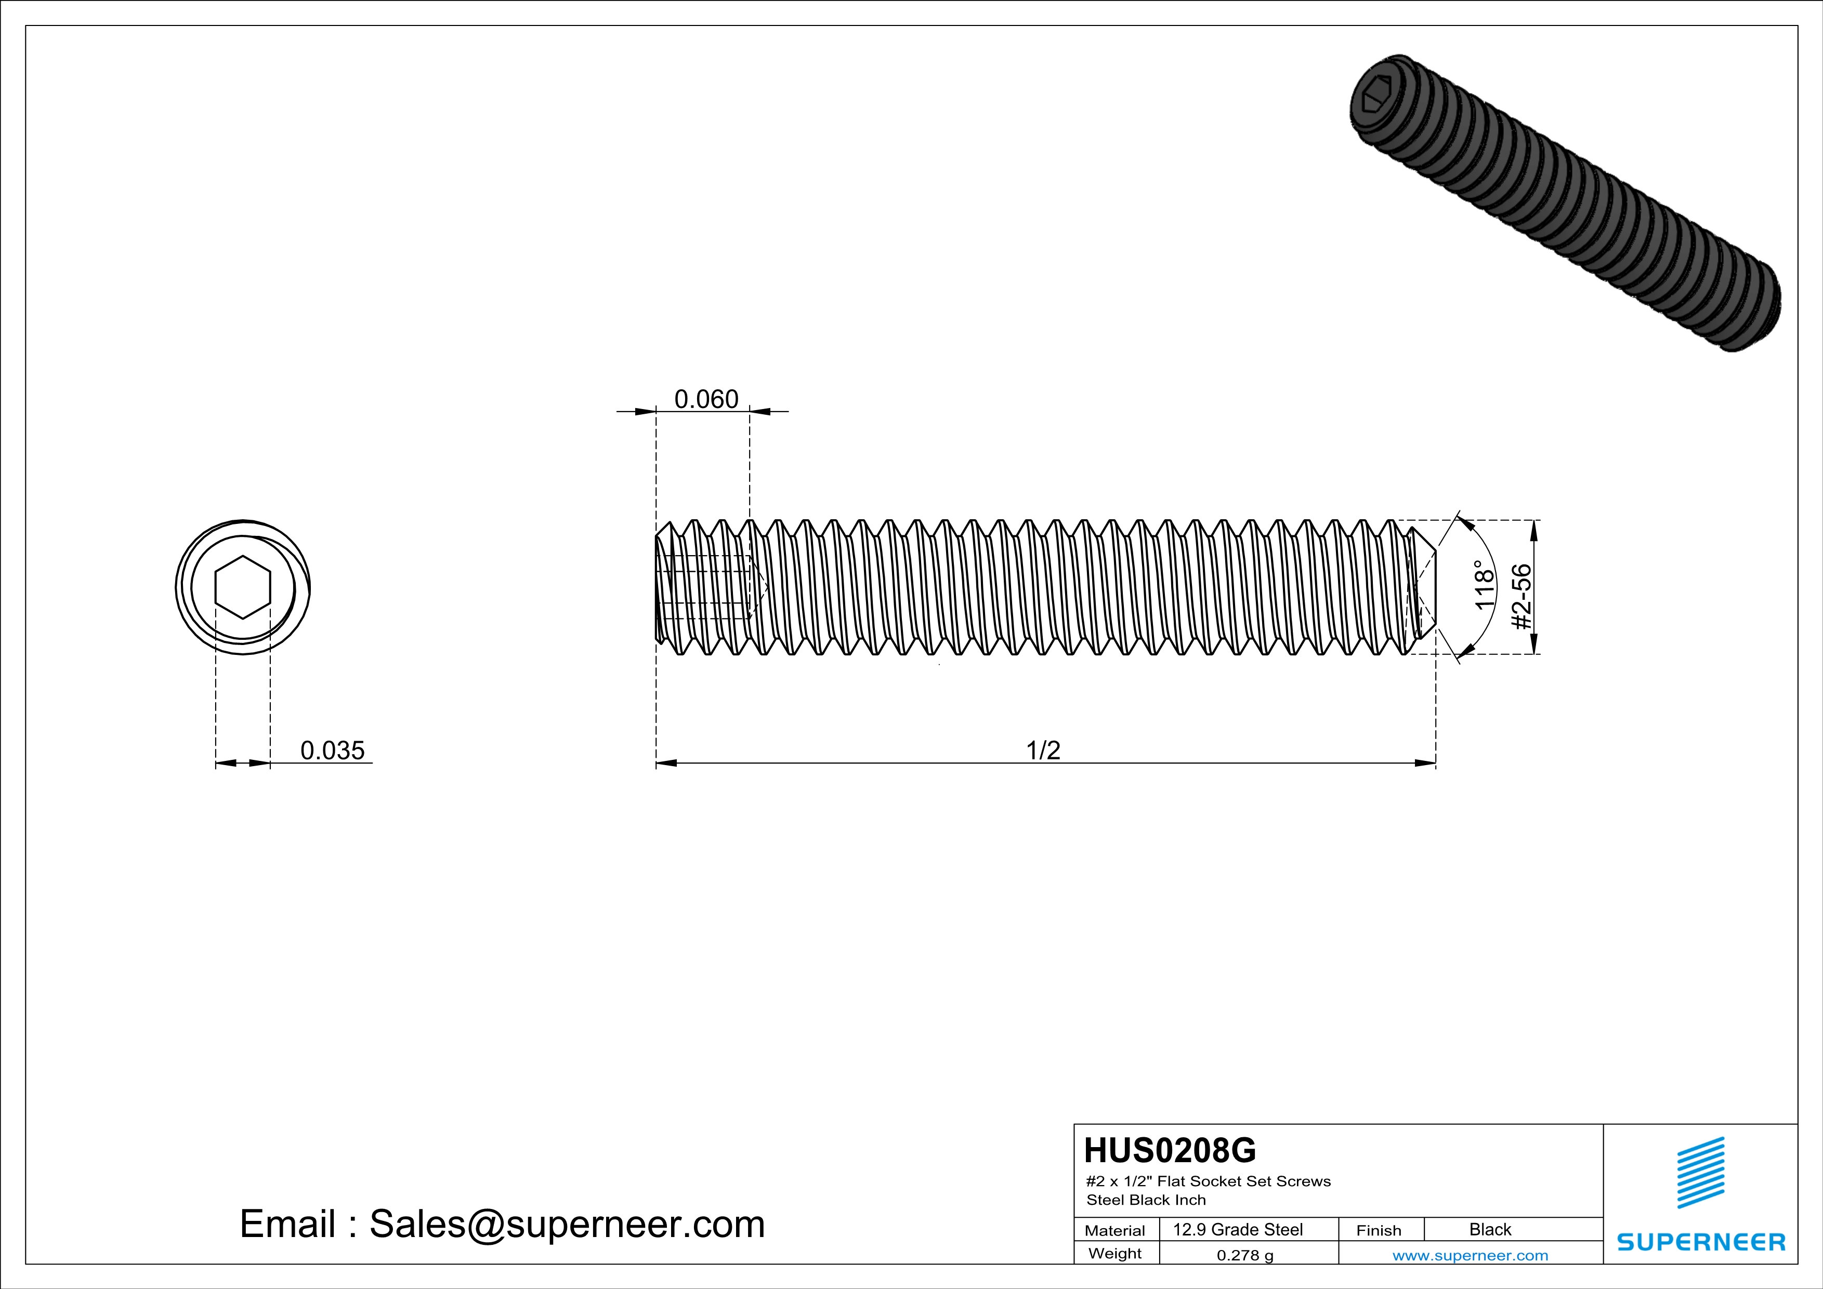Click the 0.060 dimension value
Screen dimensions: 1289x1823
[x=706, y=399]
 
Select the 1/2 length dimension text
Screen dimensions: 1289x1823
[x=1043, y=750]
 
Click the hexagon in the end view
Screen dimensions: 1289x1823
[x=243, y=587]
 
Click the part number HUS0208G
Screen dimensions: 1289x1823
[x=1170, y=1150]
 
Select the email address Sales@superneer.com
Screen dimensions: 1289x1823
[x=567, y=1224]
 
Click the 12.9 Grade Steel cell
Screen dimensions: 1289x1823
[x=1237, y=1229]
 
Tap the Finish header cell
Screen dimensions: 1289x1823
[x=1379, y=1230]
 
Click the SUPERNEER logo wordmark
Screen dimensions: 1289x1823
[x=1701, y=1242]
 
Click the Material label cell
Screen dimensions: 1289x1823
[x=1115, y=1230]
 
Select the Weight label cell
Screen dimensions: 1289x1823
[x=1115, y=1253]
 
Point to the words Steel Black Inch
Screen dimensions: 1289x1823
[x=1146, y=1200]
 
